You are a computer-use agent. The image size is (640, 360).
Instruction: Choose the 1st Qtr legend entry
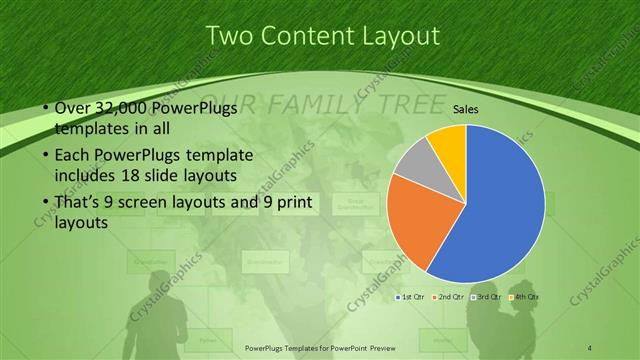point(411,297)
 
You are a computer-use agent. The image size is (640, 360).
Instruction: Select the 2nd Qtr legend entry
point(449,297)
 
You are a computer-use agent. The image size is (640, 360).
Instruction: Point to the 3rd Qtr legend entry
point(487,297)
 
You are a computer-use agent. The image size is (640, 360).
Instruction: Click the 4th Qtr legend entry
point(525,297)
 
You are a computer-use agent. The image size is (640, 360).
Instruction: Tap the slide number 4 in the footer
point(590,347)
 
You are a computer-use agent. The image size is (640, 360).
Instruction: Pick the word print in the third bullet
point(290,203)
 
